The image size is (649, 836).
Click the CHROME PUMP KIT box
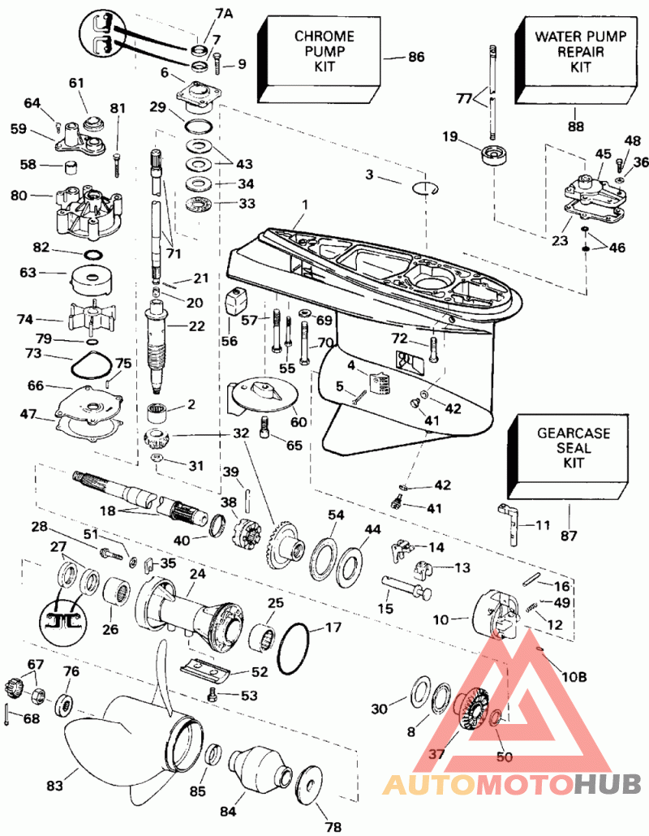click(x=324, y=53)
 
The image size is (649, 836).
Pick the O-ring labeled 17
click(x=294, y=649)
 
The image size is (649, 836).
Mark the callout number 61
click(x=76, y=83)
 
